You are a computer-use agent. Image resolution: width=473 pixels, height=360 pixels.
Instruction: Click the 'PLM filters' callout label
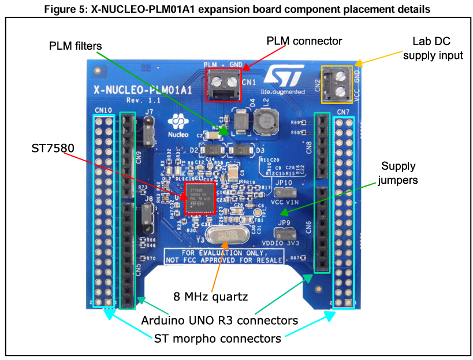75,46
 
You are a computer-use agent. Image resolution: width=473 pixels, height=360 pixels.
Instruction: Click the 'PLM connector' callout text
304,41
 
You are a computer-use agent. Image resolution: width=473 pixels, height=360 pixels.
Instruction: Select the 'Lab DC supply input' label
433,49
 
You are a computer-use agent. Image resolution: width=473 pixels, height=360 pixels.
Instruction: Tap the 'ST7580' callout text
54,149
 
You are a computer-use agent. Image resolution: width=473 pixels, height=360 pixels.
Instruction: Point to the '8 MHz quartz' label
211,297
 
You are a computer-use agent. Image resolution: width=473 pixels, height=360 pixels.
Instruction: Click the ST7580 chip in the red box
199,198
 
